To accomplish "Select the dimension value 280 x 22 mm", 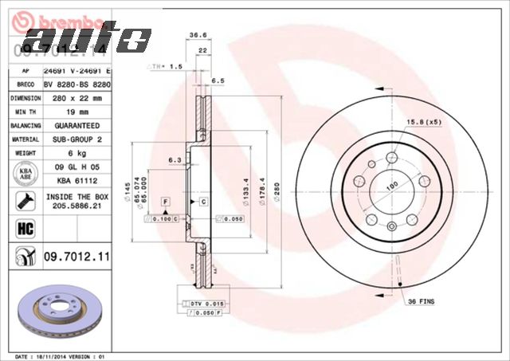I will click(76, 98).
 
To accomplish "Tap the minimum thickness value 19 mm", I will click(76, 112).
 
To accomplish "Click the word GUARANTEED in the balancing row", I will click(76, 126).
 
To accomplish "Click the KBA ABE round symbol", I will click(25, 173).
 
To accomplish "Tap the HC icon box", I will click(25, 228).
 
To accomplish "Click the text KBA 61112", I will click(76, 181).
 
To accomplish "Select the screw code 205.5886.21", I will click(76, 205).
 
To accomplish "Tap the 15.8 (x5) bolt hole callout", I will click(425, 122).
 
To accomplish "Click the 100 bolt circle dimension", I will click(391, 186).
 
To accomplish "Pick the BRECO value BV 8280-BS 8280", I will click(76, 83).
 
